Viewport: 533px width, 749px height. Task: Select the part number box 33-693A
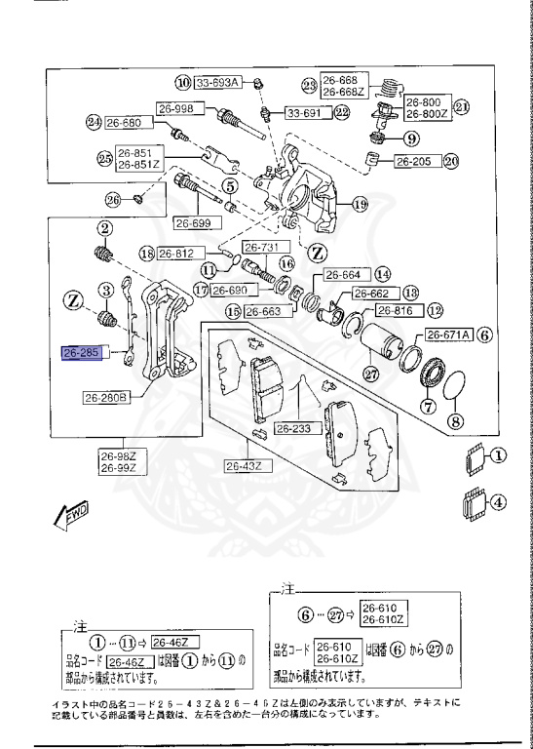point(218,82)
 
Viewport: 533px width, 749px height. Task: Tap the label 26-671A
point(448,334)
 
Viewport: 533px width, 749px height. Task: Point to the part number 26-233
point(291,427)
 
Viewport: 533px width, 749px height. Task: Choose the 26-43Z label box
point(245,466)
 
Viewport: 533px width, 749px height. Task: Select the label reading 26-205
point(414,161)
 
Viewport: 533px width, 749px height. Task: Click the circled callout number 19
point(360,205)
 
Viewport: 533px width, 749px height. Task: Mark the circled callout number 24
point(94,123)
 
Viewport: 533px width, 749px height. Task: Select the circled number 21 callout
point(462,107)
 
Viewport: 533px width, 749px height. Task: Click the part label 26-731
point(260,247)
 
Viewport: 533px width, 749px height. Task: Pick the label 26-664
point(342,274)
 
